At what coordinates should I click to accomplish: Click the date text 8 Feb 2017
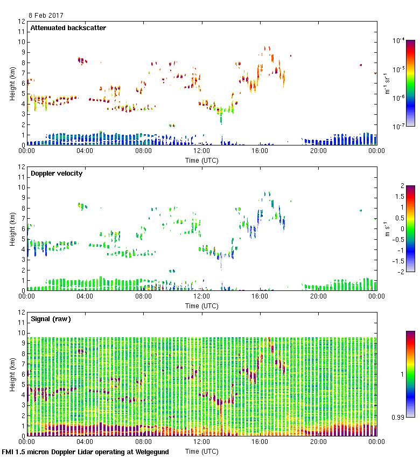click(x=46, y=16)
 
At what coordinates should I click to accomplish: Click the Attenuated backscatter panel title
click(x=68, y=28)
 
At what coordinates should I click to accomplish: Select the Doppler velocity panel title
click(x=57, y=174)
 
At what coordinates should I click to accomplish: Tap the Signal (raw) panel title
click(x=51, y=319)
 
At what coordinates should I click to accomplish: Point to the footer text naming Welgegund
click(x=86, y=452)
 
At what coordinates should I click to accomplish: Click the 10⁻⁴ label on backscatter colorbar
click(x=399, y=41)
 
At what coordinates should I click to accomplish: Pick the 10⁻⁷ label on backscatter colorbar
click(x=399, y=127)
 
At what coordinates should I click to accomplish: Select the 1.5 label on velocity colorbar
click(x=398, y=196)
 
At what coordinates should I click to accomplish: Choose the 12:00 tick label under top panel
click(x=201, y=151)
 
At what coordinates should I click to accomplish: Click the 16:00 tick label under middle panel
click(x=260, y=296)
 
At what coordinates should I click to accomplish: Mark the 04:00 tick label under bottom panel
click(x=85, y=442)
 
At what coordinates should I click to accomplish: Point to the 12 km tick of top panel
click(x=22, y=22)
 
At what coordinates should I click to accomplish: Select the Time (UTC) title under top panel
click(x=201, y=160)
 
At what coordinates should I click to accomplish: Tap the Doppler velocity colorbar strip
click(x=410, y=229)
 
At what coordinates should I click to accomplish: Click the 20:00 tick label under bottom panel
click(x=318, y=442)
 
